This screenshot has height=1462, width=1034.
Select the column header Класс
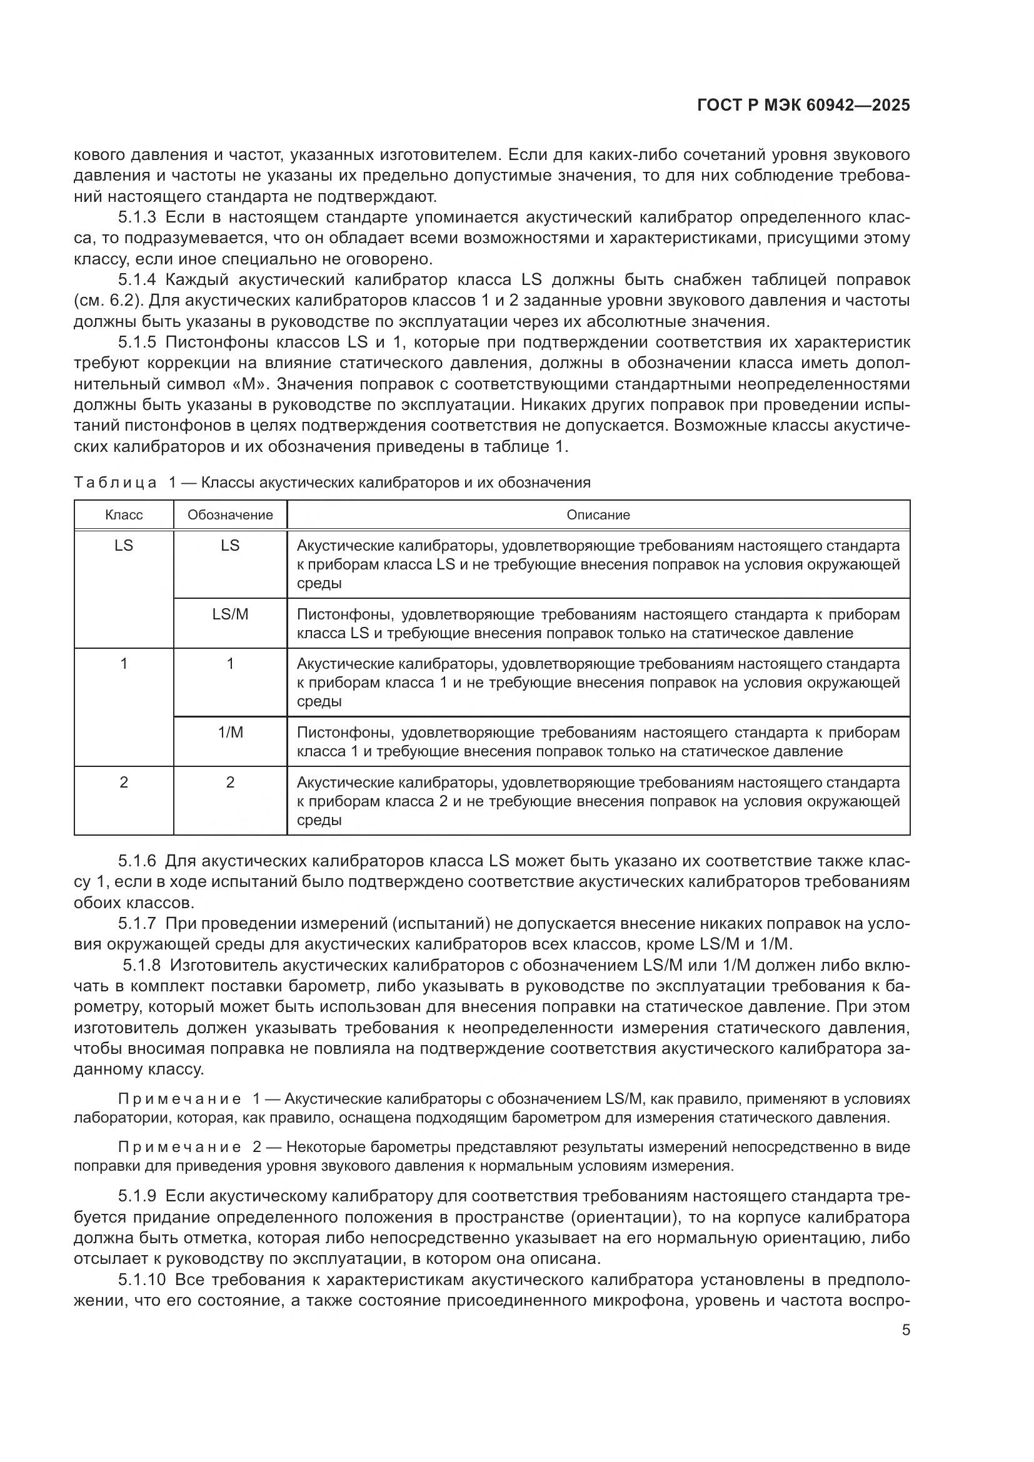pos(124,514)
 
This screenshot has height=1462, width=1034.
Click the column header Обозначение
pos(230,514)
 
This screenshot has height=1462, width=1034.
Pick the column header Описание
pos(598,514)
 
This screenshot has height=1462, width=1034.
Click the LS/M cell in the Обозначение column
pos(230,614)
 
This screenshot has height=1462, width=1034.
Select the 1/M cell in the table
pos(230,733)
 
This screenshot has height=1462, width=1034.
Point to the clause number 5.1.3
pos(137,218)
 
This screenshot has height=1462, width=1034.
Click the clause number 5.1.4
pos(137,279)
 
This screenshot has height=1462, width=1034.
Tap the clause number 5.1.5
pos(137,342)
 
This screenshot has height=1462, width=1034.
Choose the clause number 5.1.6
pos(137,861)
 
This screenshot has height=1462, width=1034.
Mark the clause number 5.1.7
pos(137,923)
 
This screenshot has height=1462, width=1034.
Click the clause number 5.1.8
pos(141,965)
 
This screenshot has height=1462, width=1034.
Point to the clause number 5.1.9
pos(137,1196)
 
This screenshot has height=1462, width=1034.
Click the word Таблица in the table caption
pos(115,483)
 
